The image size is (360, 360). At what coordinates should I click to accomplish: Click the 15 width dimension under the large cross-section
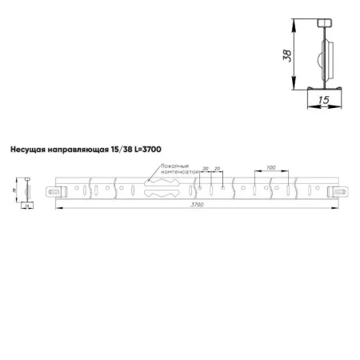323,100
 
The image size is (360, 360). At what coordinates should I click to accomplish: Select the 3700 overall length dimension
197,205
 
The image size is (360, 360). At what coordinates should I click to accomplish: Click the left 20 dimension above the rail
206,169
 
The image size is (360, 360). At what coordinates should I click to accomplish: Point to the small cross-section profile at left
27,192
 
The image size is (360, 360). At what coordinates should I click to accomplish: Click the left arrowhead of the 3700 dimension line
58,208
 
